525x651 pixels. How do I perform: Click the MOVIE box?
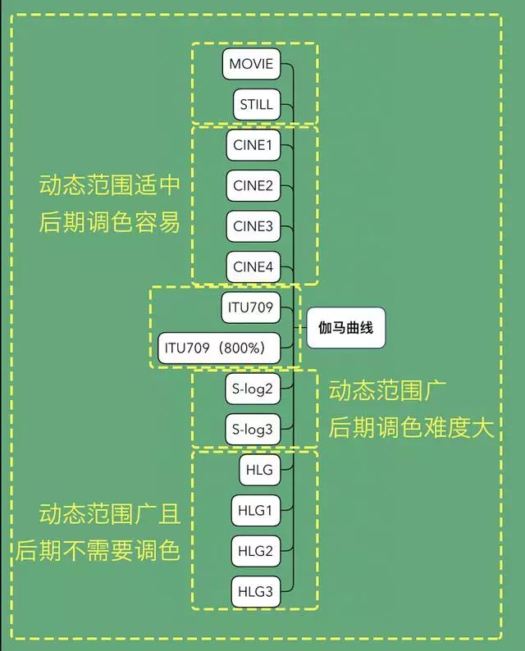[251, 64]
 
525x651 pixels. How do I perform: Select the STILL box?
[257, 104]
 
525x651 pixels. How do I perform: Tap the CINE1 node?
[253, 145]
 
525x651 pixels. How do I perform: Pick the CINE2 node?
[253, 185]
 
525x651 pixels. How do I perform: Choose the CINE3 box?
[253, 226]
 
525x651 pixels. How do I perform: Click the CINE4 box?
[253, 267]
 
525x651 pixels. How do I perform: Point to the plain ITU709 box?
[251, 307]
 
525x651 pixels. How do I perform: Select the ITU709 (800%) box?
[219, 348]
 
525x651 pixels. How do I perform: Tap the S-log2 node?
[253, 389]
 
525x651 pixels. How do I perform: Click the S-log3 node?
[253, 430]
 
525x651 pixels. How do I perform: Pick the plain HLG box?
[260, 470]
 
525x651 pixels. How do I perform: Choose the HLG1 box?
[256, 510]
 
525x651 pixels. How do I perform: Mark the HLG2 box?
[256, 551]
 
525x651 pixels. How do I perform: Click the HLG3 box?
[256, 592]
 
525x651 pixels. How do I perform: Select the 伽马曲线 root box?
[346, 328]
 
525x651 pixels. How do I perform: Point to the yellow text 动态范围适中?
[110, 184]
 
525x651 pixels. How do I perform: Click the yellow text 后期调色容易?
[110, 221]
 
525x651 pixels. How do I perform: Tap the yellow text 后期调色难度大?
[411, 428]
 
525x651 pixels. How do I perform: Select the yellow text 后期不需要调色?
[98, 551]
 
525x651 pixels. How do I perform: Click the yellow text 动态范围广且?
[110, 514]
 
